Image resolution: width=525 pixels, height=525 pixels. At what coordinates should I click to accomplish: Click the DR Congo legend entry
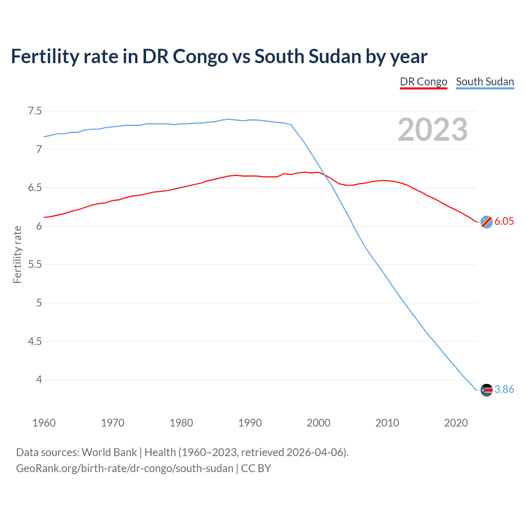(x=423, y=82)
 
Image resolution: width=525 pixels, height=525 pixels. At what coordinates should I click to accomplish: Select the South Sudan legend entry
(x=485, y=82)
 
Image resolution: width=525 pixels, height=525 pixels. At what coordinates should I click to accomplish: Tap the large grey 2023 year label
(x=433, y=130)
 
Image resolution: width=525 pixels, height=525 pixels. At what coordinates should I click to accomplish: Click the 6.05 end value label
(x=504, y=221)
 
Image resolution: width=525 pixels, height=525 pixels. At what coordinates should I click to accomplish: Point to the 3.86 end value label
(x=504, y=389)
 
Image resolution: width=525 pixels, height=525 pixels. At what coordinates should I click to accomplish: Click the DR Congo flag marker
(x=486, y=222)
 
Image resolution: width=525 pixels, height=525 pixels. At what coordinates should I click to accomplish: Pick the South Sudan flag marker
(x=486, y=390)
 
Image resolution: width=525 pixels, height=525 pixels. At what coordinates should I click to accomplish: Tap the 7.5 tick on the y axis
(x=35, y=111)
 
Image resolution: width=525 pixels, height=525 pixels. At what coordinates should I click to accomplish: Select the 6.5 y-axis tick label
(x=35, y=188)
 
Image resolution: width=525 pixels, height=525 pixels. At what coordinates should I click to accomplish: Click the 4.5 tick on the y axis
(x=35, y=341)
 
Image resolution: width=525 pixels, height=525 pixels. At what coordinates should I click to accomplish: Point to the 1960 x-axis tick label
(x=44, y=423)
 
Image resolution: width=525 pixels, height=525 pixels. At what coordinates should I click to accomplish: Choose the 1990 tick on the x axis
(x=250, y=423)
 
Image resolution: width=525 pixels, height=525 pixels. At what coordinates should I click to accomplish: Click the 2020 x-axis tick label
(x=456, y=423)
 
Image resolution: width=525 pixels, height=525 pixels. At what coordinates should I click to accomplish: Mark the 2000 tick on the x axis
(x=318, y=423)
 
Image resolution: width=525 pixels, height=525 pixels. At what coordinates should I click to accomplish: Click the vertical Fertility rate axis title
(x=17, y=254)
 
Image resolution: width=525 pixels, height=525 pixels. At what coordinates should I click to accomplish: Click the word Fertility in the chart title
(x=45, y=57)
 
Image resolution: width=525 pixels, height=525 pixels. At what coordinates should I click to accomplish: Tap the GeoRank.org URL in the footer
(x=124, y=468)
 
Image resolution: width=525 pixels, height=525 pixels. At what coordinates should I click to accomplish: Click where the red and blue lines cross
(x=324, y=175)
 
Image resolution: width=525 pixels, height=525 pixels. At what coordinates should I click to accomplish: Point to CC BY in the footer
(x=256, y=468)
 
